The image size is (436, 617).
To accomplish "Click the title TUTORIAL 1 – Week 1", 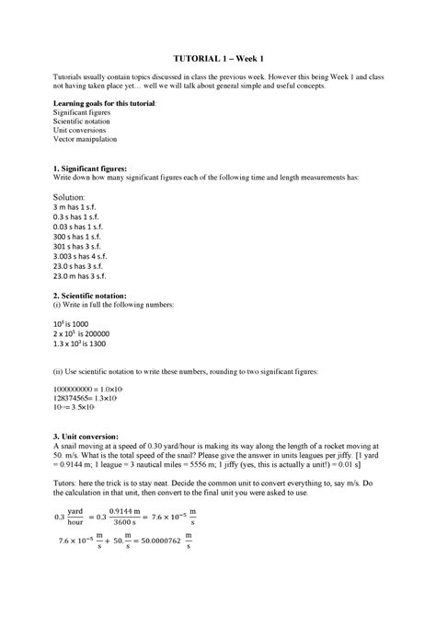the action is click(x=217, y=59).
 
